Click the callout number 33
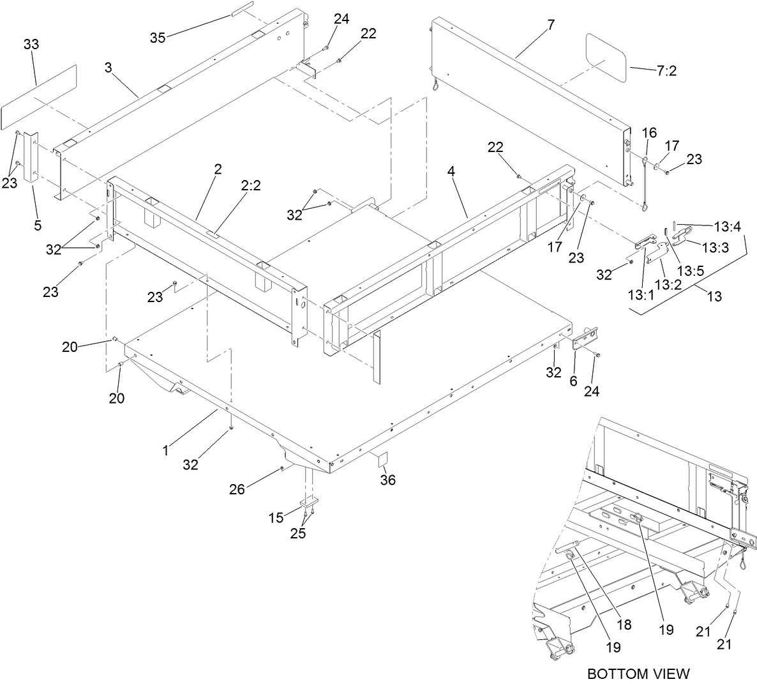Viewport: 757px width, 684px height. (x=31, y=44)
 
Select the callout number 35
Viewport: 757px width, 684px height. (x=158, y=38)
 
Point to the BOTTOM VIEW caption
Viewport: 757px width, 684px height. (x=638, y=673)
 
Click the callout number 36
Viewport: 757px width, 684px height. (x=387, y=480)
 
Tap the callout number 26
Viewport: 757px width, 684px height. (x=237, y=490)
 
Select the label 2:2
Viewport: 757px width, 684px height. (x=250, y=186)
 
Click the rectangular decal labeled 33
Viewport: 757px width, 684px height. (x=39, y=95)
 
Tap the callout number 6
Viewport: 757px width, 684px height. (x=573, y=381)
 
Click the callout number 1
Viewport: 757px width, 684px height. (x=165, y=450)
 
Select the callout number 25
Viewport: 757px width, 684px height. (x=297, y=533)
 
